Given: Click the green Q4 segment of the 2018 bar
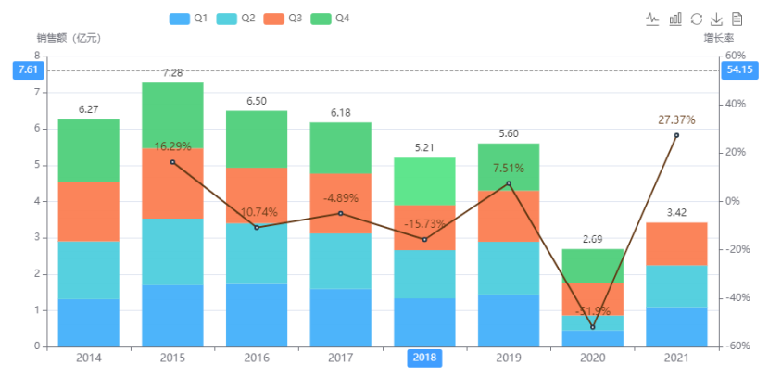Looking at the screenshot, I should tap(425, 182).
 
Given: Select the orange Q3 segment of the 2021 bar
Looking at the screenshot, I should tap(677, 244).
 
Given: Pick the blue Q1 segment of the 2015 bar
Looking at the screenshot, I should tap(172, 316).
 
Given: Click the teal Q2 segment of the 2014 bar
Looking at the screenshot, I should tap(89, 270).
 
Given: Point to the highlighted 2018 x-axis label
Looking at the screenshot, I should tap(425, 358).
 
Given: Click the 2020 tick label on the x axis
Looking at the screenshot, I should tap(593, 358).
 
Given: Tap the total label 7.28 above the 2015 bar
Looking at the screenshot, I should tap(172, 72).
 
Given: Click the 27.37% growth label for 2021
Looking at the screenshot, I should tap(676, 119).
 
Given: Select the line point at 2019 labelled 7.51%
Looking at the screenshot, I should tap(509, 183).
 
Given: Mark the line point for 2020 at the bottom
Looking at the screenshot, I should tap(593, 327).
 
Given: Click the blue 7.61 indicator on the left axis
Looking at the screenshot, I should tap(28, 70).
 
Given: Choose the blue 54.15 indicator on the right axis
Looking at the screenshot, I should tap(739, 70).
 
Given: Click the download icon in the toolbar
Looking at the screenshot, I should tap(716, 19).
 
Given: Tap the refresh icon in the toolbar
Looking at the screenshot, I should tap(696, 19).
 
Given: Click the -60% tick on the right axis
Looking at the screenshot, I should tap(737, 346).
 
